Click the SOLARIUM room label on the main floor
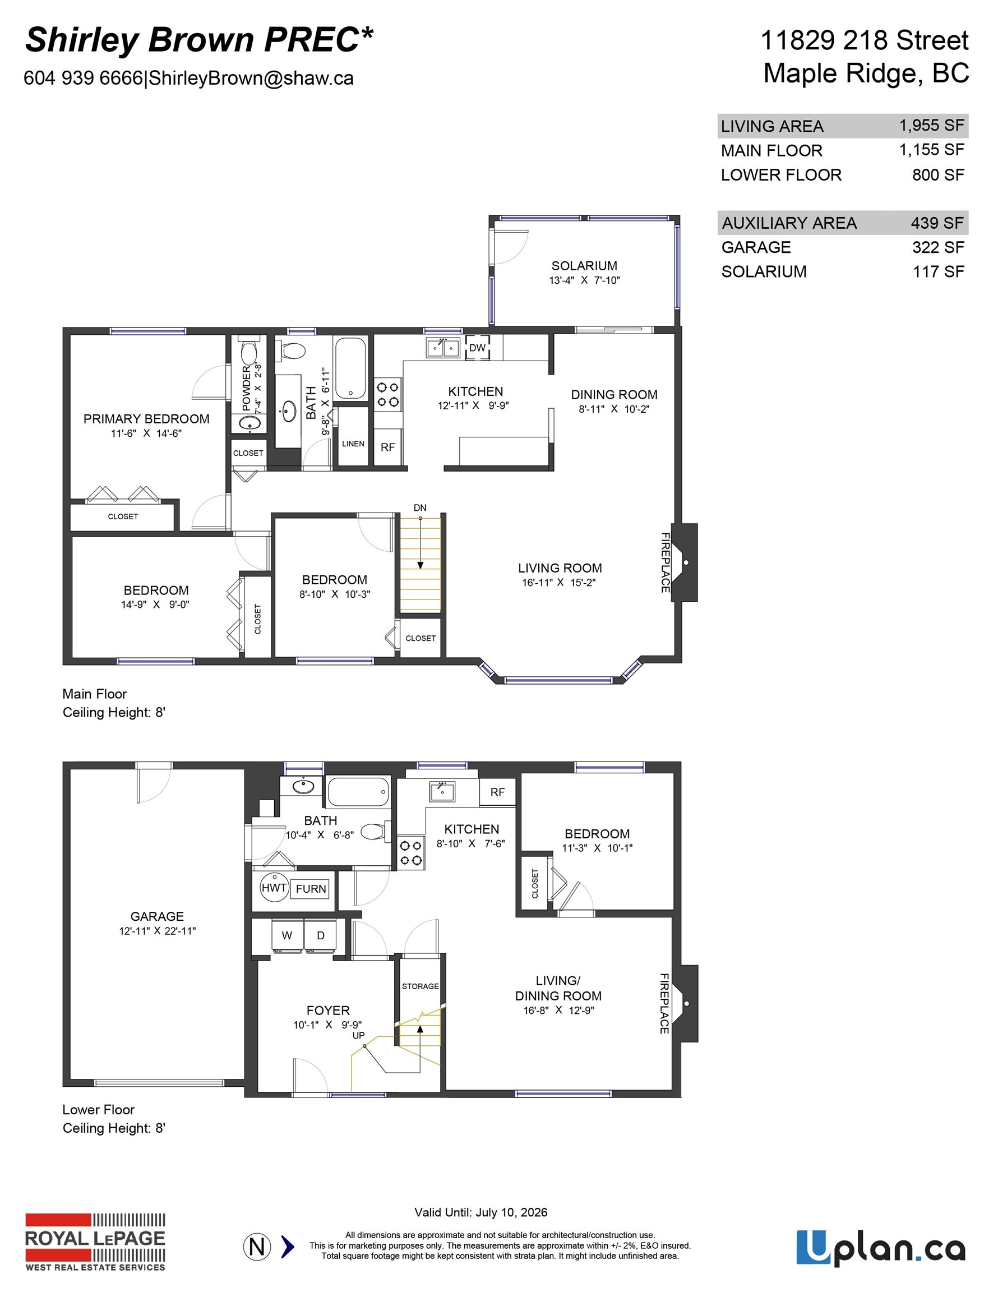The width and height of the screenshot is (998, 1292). click(x=584, y=266)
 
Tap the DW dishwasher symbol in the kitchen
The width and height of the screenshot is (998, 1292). click(x=477, y=348)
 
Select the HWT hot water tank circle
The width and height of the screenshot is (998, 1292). click(x=274, y=887)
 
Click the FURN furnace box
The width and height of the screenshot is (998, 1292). click(x=311, y=889)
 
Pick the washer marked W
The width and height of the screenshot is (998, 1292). click(x=287, y=935)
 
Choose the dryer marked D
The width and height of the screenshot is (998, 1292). click(x=321, y=935)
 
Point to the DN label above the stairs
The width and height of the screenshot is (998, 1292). click(x=420, y=507)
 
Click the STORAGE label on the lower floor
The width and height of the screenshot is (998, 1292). click(x=420, y=986)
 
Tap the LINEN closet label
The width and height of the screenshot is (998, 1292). click(x=353, y=444)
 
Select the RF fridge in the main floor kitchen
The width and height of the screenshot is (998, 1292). click(x=387, y=448)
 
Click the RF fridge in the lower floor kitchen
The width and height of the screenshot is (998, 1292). click(x=497, y=792)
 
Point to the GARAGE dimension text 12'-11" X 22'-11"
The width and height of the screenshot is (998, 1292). click(x=158, y=930)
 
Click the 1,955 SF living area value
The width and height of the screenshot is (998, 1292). click(x=931, y=126)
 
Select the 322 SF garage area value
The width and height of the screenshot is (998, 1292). click(x=937, y=247)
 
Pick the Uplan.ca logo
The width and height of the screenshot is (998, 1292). click(x=880, y=1248)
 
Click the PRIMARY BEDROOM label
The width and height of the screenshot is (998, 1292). click(x=146, y=419)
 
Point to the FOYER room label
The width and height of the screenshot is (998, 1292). click(x=328, y=1010)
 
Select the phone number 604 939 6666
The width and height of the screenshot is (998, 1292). click(x=84, y=78)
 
